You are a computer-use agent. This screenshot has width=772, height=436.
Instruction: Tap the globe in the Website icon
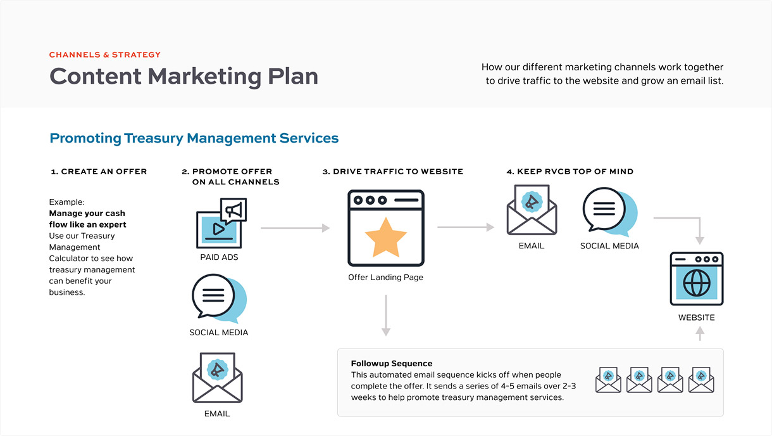[x=697, y=283]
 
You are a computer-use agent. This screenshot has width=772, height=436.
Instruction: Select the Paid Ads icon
[x=220, y=224]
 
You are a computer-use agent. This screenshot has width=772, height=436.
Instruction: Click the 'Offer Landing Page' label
[x=385, y=278]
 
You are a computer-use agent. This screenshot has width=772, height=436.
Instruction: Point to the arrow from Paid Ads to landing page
[x=295, y=228]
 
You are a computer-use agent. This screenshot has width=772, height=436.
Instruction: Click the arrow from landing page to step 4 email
[x=466, y=227]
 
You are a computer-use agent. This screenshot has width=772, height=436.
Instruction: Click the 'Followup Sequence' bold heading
[x=392, y=364]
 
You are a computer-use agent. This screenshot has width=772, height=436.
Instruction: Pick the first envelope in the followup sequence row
[x=608, y=380]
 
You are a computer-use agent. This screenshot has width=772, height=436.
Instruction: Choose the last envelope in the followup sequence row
[x=701, y=380]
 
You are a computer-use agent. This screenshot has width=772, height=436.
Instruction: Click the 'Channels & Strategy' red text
[x=105, y=55]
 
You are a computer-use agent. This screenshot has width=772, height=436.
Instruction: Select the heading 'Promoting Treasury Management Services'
[x=194, y=138]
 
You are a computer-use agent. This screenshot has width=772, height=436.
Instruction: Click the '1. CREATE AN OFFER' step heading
[x=99, y=172]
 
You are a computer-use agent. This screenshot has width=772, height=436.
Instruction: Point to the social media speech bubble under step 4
[x=609, y=210]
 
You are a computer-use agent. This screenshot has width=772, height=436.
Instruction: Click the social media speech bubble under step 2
[x=218, y=298]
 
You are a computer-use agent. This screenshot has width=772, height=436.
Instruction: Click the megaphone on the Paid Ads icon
[x=233, y=210]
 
